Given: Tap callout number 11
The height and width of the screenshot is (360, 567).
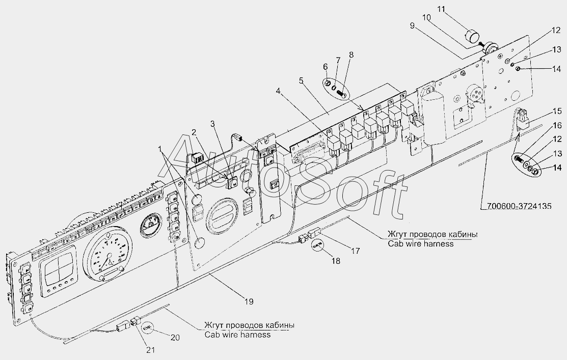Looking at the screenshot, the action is [x=441, y=9].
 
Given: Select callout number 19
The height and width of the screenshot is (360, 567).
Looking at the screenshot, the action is [x=249, y=301].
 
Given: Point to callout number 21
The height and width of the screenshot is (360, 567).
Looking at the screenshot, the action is [x=150, y=350].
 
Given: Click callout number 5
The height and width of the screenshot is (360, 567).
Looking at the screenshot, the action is [x=301, y=80].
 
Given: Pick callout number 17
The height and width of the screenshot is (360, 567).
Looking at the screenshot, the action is [x=356, y=250].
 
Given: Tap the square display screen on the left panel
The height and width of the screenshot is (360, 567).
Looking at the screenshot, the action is [x=58, y=263].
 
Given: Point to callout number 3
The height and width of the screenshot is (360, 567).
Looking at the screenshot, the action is [x=212, y=124].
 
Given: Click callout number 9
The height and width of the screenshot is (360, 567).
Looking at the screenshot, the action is [x=412, y=25].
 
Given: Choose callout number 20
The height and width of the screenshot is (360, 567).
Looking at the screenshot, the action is [x=175, y=338].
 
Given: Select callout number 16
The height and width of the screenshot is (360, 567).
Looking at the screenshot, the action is [x=557, y=125].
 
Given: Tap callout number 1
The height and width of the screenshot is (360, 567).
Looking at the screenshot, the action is [x=160, y=149].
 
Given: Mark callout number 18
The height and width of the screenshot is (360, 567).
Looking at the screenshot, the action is [x=336, y=261].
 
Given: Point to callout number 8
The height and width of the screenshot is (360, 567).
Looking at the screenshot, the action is [x=351, y=55].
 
